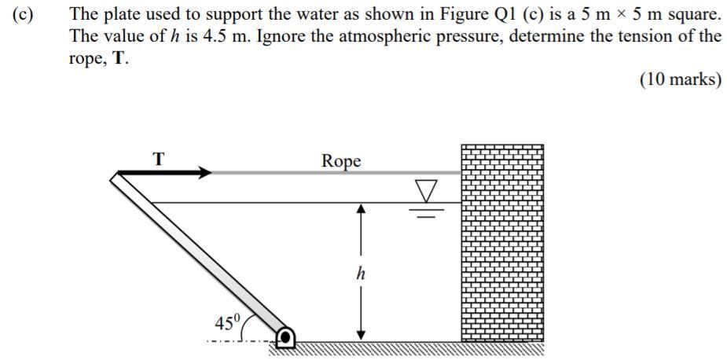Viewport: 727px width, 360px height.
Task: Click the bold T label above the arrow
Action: tap(158, 158)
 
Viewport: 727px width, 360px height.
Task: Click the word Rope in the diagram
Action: tap(342, 160)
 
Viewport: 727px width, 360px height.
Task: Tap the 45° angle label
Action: tap(227, 321)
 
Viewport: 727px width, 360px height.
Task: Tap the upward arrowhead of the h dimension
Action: tap(361, 210)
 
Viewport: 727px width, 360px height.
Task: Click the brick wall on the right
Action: tap(501, 244)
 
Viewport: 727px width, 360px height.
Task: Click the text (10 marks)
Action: tap(680, 80)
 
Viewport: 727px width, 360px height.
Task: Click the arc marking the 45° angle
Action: tap(246, 324)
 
